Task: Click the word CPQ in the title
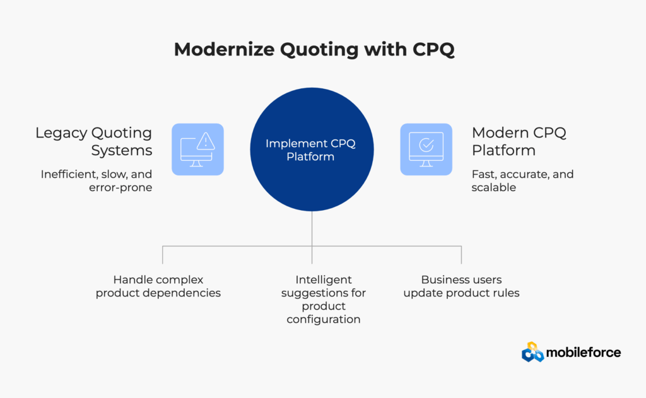(x=434, y=50)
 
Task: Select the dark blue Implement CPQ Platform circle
(x=312, y=149)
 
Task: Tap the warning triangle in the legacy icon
(x=206, y=141)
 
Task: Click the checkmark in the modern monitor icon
(x=426, y=144)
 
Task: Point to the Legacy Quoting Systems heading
(x=94, y=141)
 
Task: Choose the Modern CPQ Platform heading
(x=519, y=141)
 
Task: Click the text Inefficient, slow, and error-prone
(x=97, y=181)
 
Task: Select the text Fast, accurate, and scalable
(x=522, y=181)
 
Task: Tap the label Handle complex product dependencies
(x=158, y=286)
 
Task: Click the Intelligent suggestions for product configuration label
(x=324, y=300)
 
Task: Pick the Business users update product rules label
(x=461, y=286)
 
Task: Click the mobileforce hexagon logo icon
(x=532, y=352)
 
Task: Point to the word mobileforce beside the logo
(x=584, y=353)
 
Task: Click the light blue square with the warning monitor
(x=197, y=149)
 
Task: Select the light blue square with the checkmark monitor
(x=426, y=149)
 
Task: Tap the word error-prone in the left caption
(x=120, y=188)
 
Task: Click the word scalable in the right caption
(x=493, y=187)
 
